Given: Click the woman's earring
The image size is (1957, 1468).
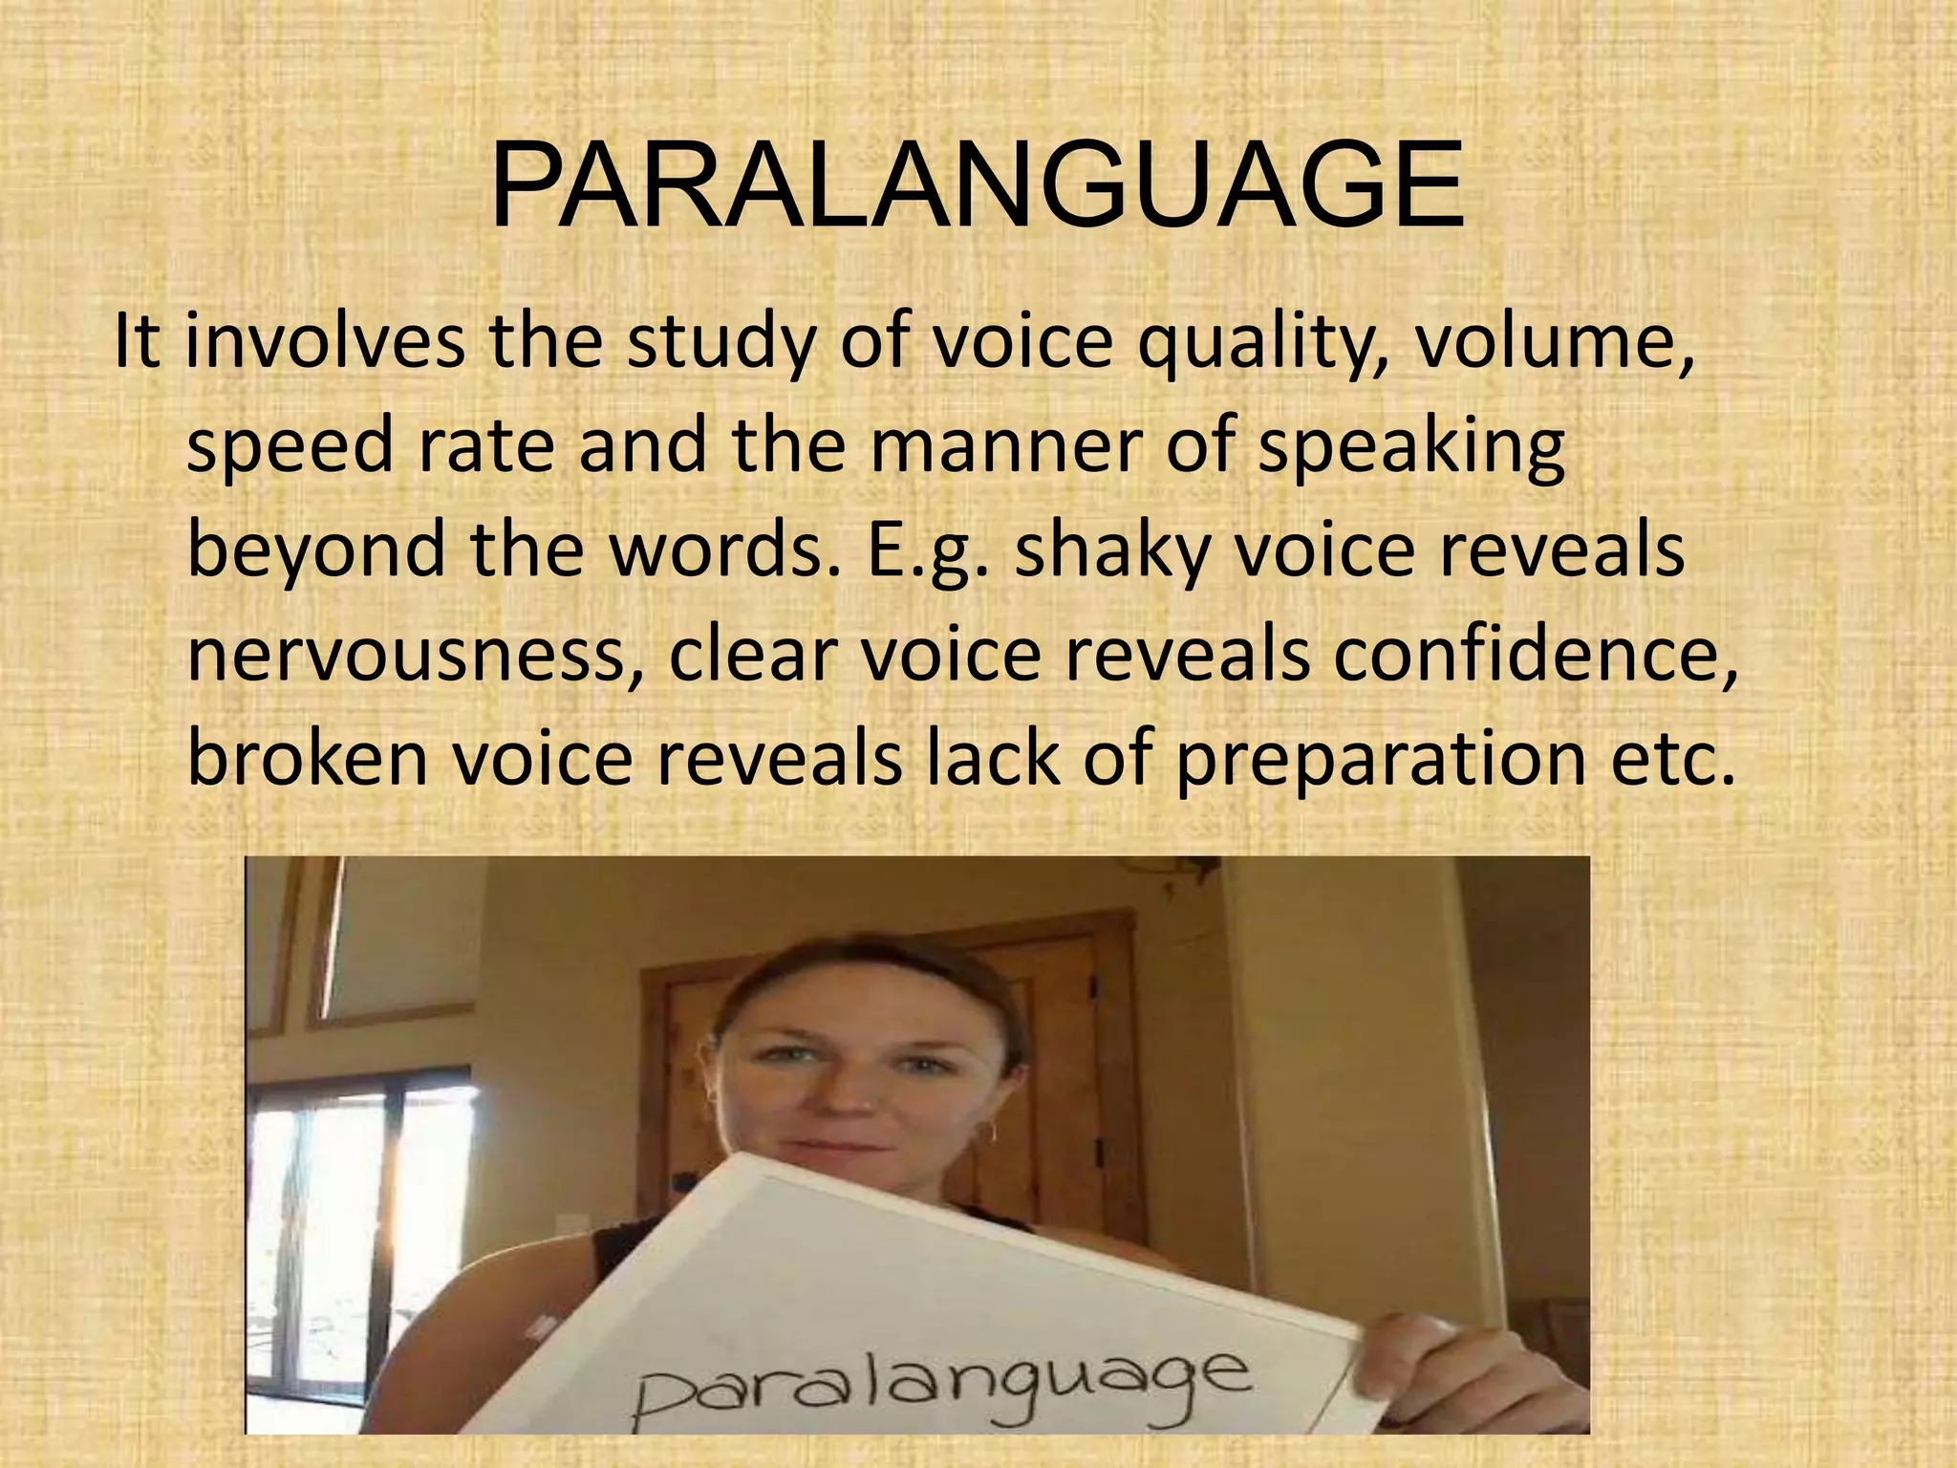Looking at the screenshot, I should click(x=990, y=1134).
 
